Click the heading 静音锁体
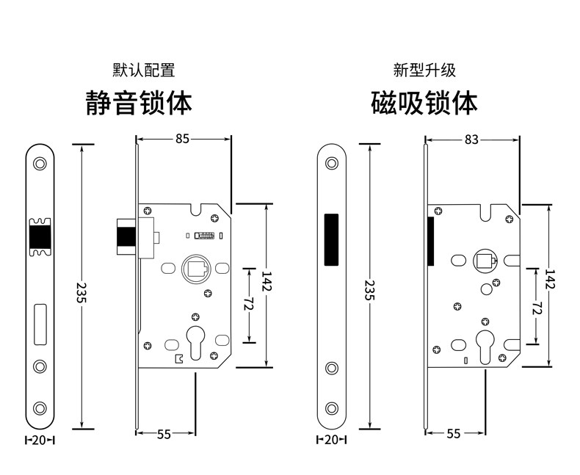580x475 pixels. pos(139,102)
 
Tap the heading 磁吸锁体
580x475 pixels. pos(424,102)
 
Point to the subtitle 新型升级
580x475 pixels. pos(424,70)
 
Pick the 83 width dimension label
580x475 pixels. pos(472,137)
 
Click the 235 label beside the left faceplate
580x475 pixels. pos(81,291)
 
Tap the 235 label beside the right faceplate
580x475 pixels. pos(369,291)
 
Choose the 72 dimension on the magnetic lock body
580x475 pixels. pos(538,309)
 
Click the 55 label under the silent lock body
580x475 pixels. pos(163,434)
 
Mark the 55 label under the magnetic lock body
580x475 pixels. pos(453,434)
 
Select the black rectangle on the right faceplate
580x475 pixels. pos(330,239)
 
